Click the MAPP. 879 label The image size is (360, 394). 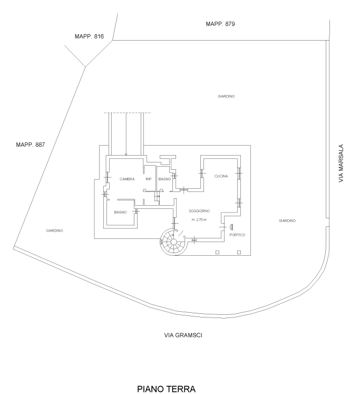(220, 24)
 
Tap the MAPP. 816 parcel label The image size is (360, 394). (89, 36)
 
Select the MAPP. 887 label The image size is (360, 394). (31, 145)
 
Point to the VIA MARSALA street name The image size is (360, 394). (340, 164)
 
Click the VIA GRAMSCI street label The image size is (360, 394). (183, 335)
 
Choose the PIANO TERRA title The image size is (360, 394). (167, 389)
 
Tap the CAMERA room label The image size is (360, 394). (127, 179)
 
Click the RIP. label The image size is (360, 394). (149, 179)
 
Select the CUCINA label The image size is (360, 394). (221, 176)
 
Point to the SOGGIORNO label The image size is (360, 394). (199, 211)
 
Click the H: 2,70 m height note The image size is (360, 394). (199, 219)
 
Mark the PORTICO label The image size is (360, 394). (237, 235)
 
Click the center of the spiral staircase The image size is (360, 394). (173, 242)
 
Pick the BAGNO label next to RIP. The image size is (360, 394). (164, 179)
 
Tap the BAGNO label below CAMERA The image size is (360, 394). (120, 213)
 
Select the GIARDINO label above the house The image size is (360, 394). (226, 96)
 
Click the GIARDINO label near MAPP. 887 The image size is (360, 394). (54, 230)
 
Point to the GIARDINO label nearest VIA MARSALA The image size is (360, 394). (287, 220)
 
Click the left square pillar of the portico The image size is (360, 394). (217, 252)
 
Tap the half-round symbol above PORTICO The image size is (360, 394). (231, 227)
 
